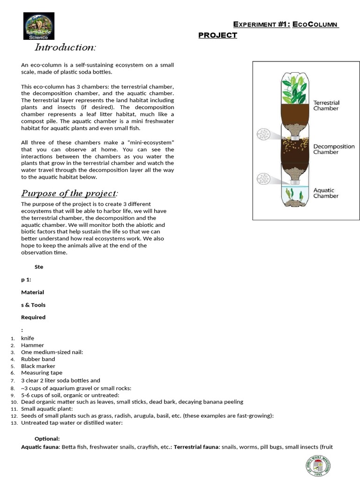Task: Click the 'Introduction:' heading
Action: [65, 47]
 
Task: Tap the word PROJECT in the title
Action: [217, 35]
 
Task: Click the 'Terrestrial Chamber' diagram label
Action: [326, 105]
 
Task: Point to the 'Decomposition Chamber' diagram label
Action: [334, 149]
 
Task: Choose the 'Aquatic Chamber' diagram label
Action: [326, 193]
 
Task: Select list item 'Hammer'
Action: [32, 345]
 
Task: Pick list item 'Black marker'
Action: [38, 366]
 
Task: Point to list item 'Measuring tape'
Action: [41, 373]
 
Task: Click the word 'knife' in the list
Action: [28, 338]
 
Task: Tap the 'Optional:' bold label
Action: [47, 439]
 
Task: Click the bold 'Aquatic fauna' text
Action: [40, 447]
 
